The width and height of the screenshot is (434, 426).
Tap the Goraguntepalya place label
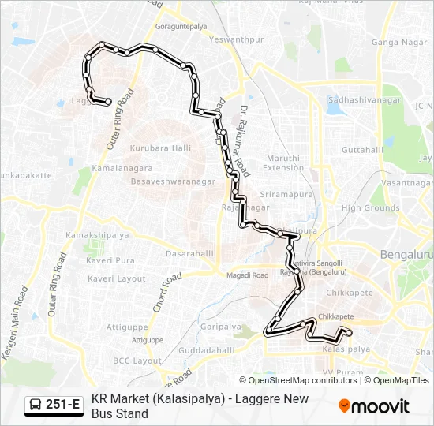tap(181, 26)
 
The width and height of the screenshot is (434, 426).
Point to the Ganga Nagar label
tap(394, 41)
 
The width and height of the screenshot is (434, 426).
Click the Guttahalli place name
tap(363, 149)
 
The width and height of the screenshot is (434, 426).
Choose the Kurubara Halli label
tap(161, 148)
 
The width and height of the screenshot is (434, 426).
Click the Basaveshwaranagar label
tap(174, 181)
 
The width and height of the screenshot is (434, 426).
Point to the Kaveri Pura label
tap(111, 260)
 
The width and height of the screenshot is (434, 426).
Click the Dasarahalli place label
tap(189, 253)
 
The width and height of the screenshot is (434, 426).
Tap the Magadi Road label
tap(248, 275)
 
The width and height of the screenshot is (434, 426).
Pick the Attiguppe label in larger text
tap(127, 327)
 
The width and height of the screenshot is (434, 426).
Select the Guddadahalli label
tap(207, 350)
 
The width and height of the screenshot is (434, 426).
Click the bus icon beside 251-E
tap(36, 405)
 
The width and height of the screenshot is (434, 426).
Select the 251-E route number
tap(62, 405)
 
